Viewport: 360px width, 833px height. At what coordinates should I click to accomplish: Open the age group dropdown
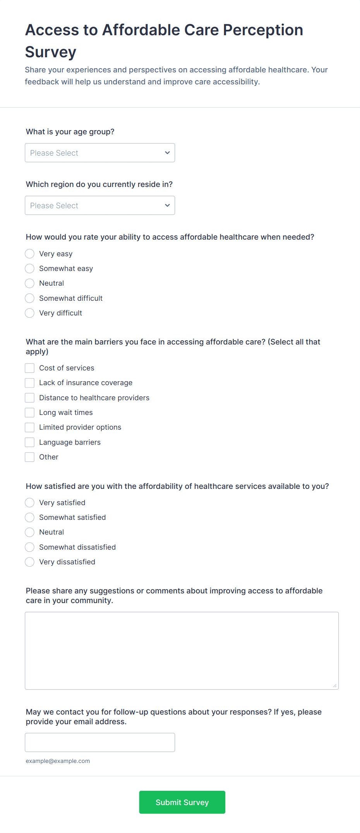pyautogui.click(x=100, y=153)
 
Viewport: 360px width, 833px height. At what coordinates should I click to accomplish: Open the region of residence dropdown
pyautogui.click(x=100, y=206)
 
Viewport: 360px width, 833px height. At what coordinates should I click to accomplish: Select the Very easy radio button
pyautogui.click(x=30, y=254)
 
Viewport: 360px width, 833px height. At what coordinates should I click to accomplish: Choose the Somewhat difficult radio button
pyautogui.click(x=30, y=298)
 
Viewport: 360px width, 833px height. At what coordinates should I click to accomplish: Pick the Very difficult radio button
pyautogui.click(x=30, y=313)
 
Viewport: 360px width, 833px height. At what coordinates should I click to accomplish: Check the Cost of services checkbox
pyautogui.click(x=30, y=368)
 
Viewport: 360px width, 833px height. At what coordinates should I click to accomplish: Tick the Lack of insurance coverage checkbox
pyautogui.click(x=30, y=383)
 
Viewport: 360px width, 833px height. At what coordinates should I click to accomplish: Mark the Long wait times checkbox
pyautogui.click(x=30, y=413)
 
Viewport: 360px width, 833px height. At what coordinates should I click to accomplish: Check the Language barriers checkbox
pyautogui.click(x=30, y=442)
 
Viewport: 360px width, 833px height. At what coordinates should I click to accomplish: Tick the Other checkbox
pyautogui.click(x=30, y=457)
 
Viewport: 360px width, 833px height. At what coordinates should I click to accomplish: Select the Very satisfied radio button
pyautogui.click(x=30, y=503)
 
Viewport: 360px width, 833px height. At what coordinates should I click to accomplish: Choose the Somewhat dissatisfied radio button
pyautogui.click(x=30, y=547)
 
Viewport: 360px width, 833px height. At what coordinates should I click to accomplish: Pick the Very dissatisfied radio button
pyautogui.click(x=30, y=562)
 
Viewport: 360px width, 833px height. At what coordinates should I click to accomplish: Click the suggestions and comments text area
pyautogui.click(x=182, y=651)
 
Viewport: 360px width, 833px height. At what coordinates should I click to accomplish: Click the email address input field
pyautogui.click(x=100, y=742)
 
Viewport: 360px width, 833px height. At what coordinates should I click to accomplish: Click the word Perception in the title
pyautogui.click(x=263, y=30)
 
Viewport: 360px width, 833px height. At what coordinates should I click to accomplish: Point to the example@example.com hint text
pyautogui.click(x=58, y=761)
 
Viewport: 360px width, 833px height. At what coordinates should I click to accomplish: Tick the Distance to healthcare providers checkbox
pyautogui.click(x=30, y=398)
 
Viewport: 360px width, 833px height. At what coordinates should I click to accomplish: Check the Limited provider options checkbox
pyautogui.click(x=30, y=427)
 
